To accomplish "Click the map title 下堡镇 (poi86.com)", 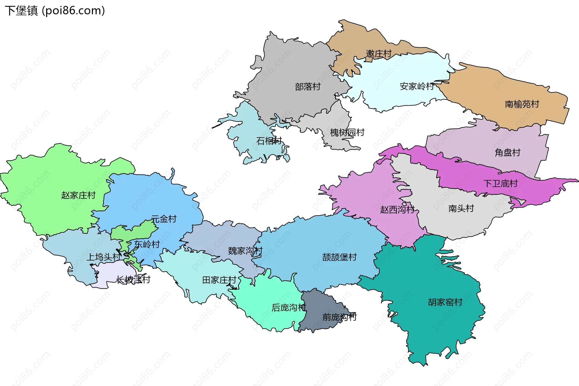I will [x=55, y=11].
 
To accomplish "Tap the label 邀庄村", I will [x=378, y=54].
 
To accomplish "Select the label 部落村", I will [x=308, y=87].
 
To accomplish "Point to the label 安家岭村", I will [x=416, y=86].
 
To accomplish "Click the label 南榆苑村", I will [x=522, y=104].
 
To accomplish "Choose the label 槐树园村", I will [x=347, y=132].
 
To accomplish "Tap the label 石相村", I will [x=269, y=141].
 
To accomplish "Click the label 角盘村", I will [x=508, y=152].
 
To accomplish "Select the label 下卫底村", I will [x=500, y=183].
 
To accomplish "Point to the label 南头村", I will [x=461, y=208].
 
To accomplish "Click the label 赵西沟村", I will [x=397, y=209].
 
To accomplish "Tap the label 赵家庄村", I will [x=78, y=195].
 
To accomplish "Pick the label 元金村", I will [x=164, y=219].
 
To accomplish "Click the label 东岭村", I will [x=147, y=244].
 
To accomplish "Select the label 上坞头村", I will [x=103, y=257].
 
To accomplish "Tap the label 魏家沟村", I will [x=245, y=250].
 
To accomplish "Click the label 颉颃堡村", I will [x=339, y=257].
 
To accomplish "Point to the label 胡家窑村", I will [x=445, y=302].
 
